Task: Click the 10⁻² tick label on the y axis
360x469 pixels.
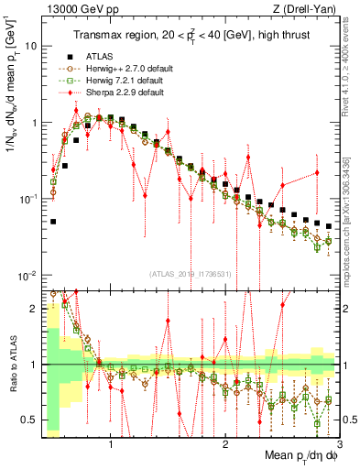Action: pos(27,276)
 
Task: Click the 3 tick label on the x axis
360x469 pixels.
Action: pos(338,444)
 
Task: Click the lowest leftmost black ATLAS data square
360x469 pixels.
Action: pos(53,222)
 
